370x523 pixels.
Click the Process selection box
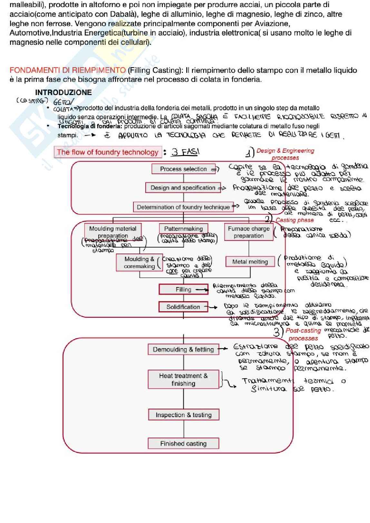[x=183, y=169]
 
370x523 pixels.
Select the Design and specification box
[x=183, y=188]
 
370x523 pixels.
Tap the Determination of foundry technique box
[x=183, y=207]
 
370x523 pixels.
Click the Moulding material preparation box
[x=113, y=232]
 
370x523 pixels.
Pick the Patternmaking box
[x=183, y=228]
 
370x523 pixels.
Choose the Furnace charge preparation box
[x=248, y=232]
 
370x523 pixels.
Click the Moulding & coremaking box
[x=139, y=262]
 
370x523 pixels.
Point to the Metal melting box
[x=250, y=262]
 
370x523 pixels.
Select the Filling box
[x=183, y=289]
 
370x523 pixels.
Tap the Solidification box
[x=183, y=307]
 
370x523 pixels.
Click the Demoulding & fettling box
[x=183, y=349]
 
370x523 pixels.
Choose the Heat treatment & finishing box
[x=183, y=379]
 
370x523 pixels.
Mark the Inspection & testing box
[x=183, y=415]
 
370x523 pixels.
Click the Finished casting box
[x=183, y=443]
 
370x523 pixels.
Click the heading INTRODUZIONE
[x=63, y=92]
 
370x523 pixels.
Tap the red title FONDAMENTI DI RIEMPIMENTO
[x=68, y=70]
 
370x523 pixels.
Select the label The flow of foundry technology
[x=108, y=152]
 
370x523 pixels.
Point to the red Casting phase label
[x=295, y=220]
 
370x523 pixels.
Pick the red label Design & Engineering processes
[x=285, y=154]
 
